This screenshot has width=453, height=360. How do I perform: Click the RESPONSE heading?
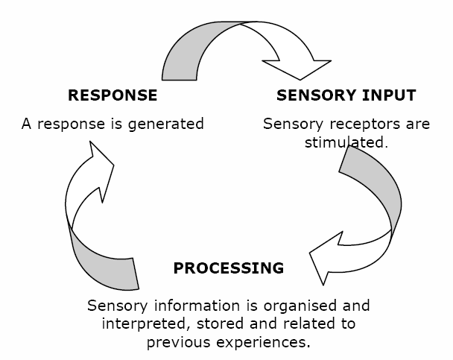(x=113, y=95)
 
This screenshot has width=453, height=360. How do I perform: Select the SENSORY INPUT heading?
(x=346, y=95)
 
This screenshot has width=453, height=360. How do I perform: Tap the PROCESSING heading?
(x=229, y=268)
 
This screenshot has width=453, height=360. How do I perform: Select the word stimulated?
(x=346, y=142)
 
